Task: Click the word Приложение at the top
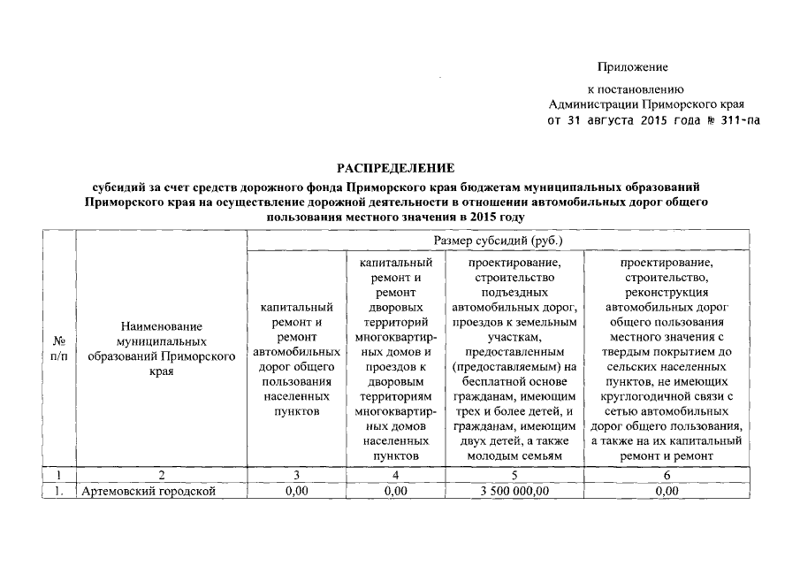tap(632, 67)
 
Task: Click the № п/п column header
tap(60, 348)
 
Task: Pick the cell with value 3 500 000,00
tap(514, 491)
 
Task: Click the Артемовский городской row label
tap(149, 491)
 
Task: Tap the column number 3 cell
tap(296, 476)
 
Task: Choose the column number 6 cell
tap(667, 476)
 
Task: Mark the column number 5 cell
tap(514, 476)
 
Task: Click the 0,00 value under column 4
tap(396, 491)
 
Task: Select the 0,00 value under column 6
tap(667, 491)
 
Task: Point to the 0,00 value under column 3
tap(296, 491)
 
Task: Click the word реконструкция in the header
tap(667, 292)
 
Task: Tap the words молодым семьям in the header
tap(514, 455)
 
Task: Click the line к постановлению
tap(636, 88)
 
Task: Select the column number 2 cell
tap(162, 476)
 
